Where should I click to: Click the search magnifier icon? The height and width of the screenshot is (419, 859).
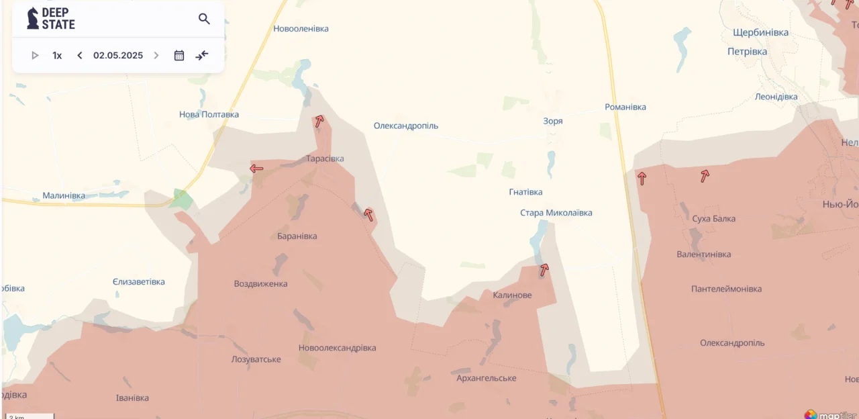(204, 19)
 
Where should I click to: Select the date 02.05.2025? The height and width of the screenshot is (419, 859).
(118, 56)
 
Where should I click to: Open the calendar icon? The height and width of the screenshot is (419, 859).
(179, 56)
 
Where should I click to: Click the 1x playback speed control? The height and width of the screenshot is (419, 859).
(57, 56)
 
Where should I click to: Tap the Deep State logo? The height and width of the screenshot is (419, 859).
(51, 19)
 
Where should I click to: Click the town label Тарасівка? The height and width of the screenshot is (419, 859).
(325, 159)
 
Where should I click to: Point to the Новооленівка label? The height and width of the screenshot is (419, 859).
(301, 29)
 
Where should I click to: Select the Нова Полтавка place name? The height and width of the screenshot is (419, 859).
(209, 115)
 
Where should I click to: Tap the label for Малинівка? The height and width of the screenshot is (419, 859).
(64, 196)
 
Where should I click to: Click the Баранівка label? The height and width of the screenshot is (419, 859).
(297, 236)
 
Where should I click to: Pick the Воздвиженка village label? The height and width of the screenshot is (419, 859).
(260, 284)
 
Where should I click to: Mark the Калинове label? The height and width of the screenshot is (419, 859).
(512, 295)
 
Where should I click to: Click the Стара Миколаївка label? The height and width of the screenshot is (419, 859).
(556, 213)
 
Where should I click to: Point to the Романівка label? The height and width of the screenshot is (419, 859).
(625, 107)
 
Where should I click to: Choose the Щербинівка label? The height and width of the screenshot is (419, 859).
(760, 32)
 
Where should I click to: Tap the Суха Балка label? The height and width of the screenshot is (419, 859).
(714, 219)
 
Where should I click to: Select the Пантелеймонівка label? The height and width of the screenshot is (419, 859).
(726, 289)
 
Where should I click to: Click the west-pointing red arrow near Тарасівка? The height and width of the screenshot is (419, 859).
(256, 169)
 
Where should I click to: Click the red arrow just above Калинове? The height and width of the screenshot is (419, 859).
(544, 270)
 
